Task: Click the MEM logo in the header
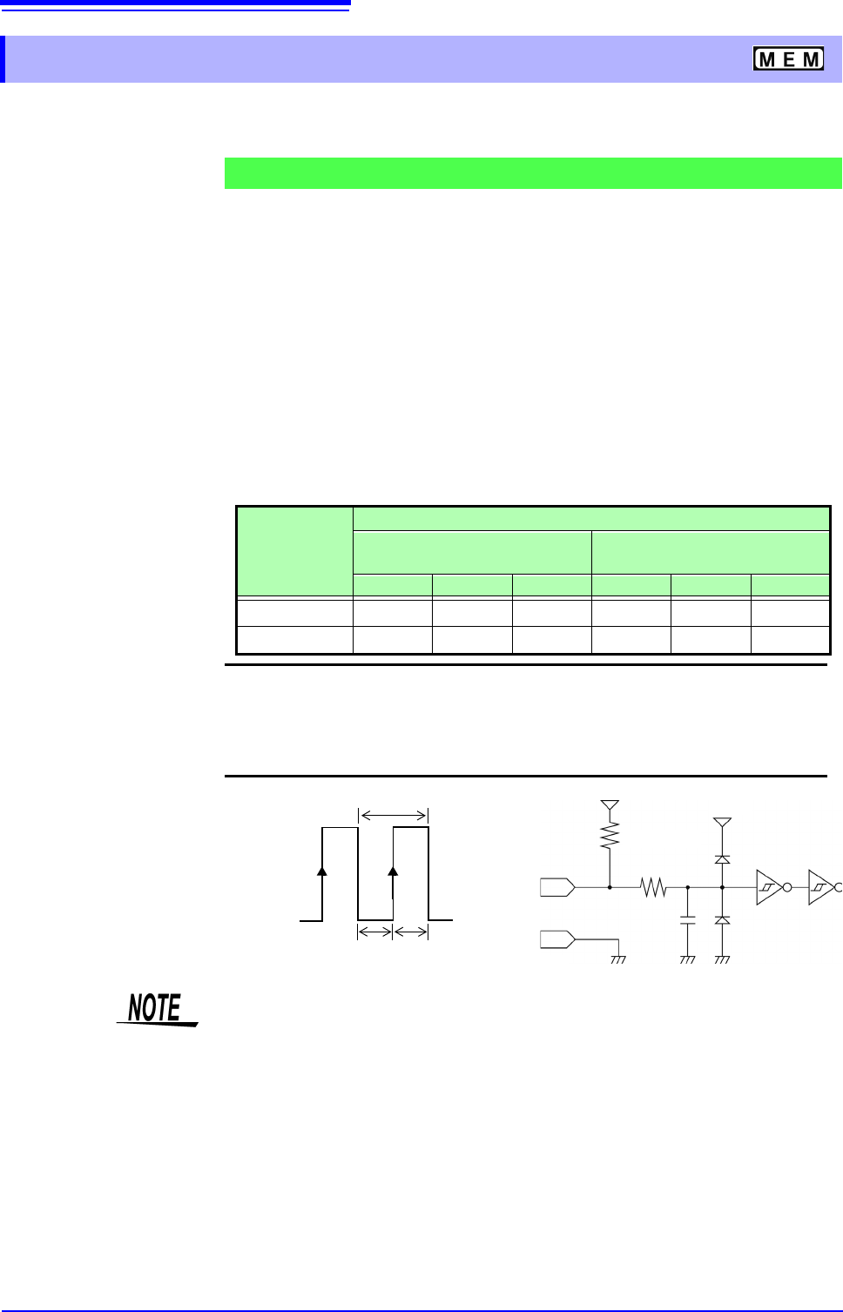(x=788, y=58)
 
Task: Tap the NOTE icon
(x=157, y=1010)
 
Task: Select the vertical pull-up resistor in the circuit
(x=610, y=836)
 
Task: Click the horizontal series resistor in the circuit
(x=653, y=887)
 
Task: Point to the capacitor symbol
(x=688, y=919)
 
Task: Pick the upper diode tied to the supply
(x=722, y=859)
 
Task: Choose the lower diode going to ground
(x=722, y=920)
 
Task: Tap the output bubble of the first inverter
(x=787, y=887)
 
